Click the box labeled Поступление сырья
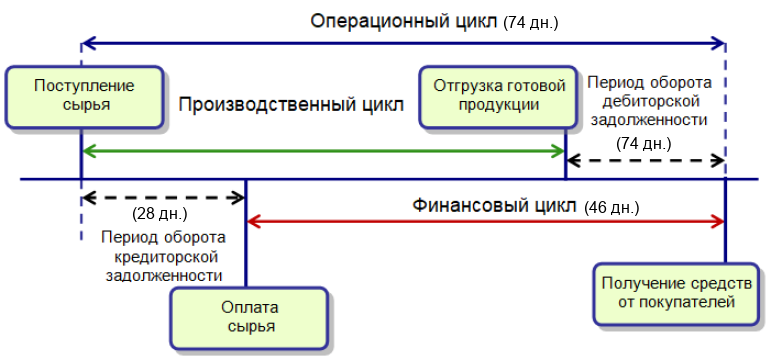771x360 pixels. [x=84, y=97]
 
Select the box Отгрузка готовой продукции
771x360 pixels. [x=499, y=97]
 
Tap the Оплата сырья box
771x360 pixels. [x=250, y=318]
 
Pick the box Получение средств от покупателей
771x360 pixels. [x=677, y=294]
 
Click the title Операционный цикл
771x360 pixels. [x=404, y=22]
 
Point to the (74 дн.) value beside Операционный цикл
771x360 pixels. [x=531, y=23]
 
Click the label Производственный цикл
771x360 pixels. [x=291, y=105]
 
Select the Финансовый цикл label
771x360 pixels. [x=494, y=206]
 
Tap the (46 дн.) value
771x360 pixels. [x=612, y=208]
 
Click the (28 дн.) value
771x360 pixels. [x=160, y=214]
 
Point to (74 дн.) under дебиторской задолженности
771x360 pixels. [x=643, y=144]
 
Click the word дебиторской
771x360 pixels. [x=650, y=101]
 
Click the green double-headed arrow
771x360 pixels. [x=323, y=151]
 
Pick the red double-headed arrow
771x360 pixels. [x=485, y=221]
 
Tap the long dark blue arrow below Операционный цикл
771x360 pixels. [x=403, y=44]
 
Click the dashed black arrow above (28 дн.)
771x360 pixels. [x=163, y=198]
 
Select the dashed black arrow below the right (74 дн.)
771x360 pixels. [x=646, y=160]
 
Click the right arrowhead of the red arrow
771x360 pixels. [x=719, y=221]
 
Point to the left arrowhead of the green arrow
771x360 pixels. [x=88, y=151]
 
